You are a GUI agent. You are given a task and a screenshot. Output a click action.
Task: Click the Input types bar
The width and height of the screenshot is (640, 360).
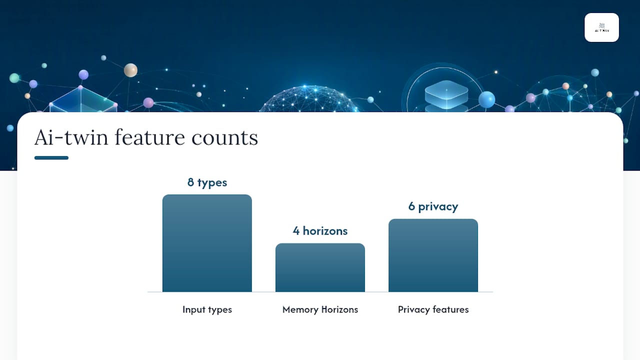coord(207,243)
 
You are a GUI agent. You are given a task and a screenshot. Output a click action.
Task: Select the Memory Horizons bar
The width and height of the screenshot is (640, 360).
coord(320,267)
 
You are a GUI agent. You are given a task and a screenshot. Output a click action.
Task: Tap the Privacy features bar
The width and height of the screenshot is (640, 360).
coord(433,255)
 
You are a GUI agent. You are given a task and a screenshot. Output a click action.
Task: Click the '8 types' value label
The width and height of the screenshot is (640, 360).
coord(207,182)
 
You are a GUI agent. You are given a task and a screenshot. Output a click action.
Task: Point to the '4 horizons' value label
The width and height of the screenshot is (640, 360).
coord(320,231)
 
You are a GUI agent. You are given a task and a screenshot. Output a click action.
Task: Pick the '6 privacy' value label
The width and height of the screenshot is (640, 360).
coord(433,206)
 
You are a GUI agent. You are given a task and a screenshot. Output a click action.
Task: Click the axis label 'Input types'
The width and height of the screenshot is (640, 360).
coord(207,309)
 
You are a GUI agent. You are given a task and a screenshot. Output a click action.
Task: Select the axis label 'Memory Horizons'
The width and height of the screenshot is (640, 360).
coord(320,309)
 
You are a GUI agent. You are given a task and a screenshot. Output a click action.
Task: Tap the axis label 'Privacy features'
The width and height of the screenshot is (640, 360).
coord(433,309)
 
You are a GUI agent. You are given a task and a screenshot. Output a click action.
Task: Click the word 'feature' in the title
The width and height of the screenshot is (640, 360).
coord(149,137)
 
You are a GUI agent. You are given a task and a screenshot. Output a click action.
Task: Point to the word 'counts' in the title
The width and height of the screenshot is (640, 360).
coord(224,139)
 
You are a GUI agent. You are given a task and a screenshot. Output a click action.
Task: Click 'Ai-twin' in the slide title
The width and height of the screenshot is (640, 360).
coord(71,137)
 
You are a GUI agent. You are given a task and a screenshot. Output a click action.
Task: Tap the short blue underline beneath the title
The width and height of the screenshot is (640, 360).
coord(51,157)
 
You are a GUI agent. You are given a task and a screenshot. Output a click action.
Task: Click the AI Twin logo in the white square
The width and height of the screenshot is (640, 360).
coord(601,27)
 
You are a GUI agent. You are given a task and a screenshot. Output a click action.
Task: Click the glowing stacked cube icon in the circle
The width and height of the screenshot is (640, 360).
coord(446,95)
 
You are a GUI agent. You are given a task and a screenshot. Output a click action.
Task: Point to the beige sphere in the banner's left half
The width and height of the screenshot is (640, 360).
coord(130,70)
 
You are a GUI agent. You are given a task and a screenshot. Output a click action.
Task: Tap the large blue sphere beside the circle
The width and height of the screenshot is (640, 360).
coord(486,99)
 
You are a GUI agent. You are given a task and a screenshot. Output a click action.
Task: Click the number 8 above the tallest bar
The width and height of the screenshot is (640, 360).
coord(190,182)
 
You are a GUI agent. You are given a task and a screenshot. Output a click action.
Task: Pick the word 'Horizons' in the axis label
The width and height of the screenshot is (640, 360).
coord(339,309)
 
